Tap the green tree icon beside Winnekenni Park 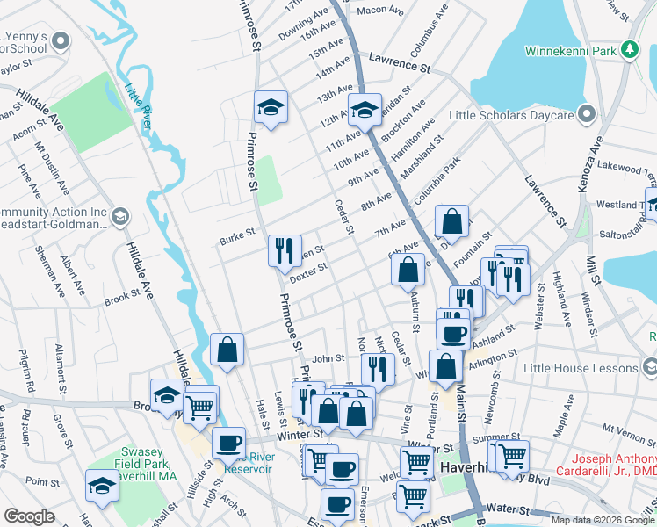629,51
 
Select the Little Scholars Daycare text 511,115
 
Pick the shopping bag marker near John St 227,350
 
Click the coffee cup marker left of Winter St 229,443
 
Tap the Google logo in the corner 29,516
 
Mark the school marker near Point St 102,485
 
